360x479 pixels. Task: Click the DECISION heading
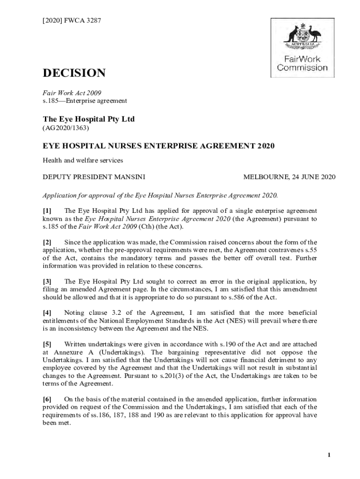click(74, 73)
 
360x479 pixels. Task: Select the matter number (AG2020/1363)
click(66, 128)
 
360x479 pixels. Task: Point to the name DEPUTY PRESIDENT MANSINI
click(94, 177)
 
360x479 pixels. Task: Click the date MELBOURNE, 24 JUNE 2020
click(289, 177)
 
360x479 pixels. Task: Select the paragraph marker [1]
click(47, 211)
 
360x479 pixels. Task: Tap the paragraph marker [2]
click(47, 242)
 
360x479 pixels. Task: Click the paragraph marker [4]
click(47, 312)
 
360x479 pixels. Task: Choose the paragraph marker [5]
click(47, 344)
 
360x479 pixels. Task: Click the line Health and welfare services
click(83, 160)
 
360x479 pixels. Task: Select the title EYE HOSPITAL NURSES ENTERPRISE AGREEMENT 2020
click(158, 146)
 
